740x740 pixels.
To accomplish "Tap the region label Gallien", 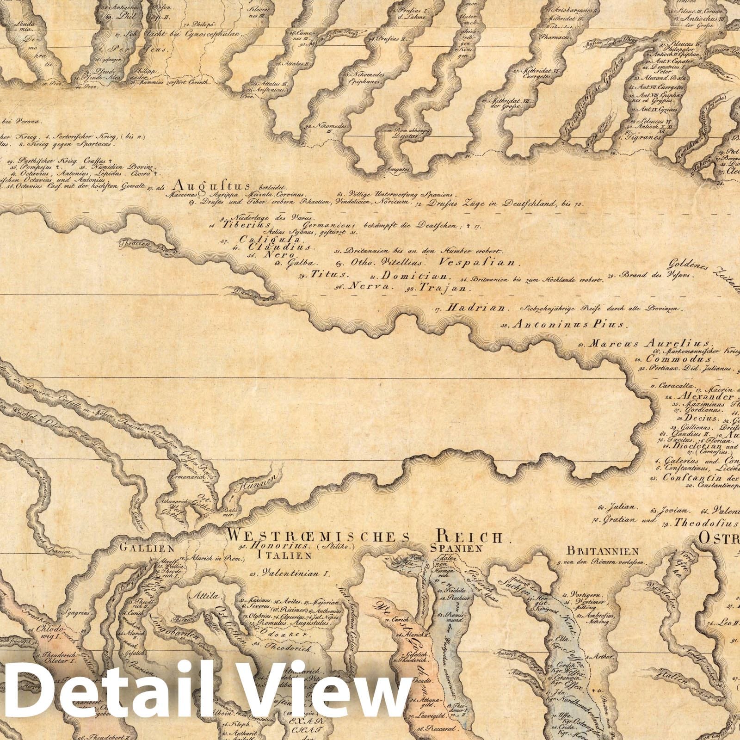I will pos(147,549).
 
